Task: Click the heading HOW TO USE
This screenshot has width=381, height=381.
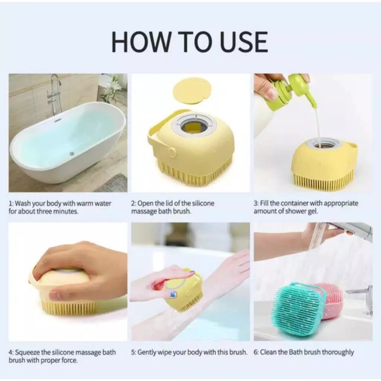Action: [x=190, y=41]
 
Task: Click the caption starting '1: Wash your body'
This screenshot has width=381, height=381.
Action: [x=60, y=207]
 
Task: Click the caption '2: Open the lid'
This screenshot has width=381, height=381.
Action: [x=173, y=207]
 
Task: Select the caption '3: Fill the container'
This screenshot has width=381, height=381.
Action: [x=306, y=207]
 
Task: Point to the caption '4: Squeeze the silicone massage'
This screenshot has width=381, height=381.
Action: [x=62, y=356]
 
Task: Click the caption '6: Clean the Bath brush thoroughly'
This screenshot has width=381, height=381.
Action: [x=304, y=352]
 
